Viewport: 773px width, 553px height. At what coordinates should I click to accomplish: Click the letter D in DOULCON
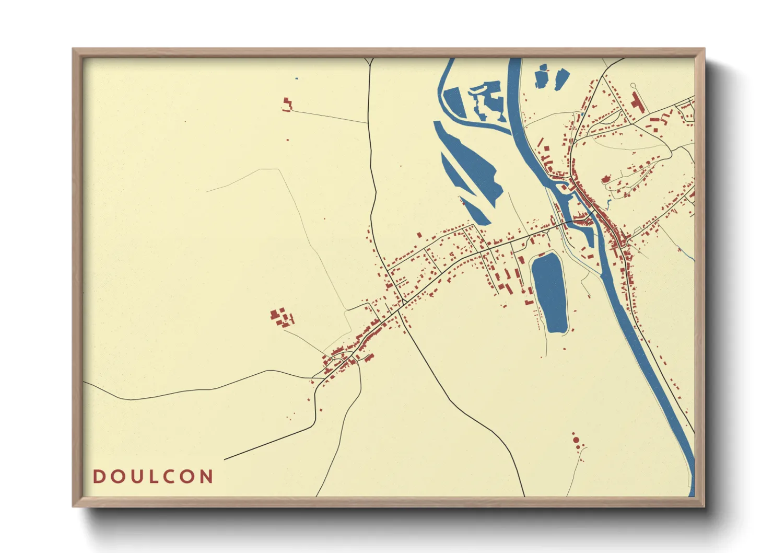(99, 477)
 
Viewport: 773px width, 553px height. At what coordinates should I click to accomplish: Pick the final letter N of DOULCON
(206, 477)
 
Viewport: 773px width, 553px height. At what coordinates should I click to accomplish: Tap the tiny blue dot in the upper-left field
(297, 79)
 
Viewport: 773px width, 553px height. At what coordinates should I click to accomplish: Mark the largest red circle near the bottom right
(576, 440)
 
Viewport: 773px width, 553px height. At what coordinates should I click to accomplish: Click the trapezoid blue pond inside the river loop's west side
(454, 102)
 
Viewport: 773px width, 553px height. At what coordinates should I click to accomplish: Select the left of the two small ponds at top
(543, 77)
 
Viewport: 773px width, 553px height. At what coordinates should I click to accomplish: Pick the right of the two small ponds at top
(561, 79)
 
